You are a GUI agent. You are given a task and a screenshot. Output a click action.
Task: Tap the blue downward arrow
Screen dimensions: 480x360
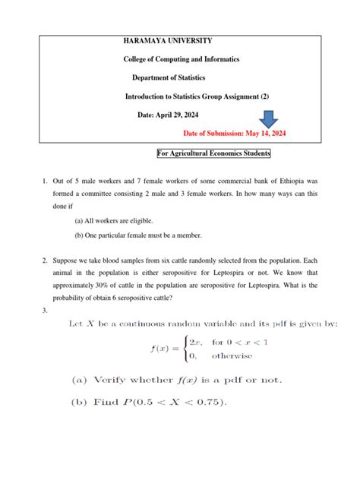pos(270,119)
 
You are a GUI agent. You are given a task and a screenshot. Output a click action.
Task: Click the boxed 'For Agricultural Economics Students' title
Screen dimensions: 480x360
pos(213,153)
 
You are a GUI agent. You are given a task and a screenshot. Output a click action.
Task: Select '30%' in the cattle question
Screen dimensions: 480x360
pos(100,286)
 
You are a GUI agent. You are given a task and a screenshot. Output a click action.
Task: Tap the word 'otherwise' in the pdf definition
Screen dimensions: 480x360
pos(232,355)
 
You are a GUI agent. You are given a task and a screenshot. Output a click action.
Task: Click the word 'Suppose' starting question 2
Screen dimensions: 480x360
pos(67,260)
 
